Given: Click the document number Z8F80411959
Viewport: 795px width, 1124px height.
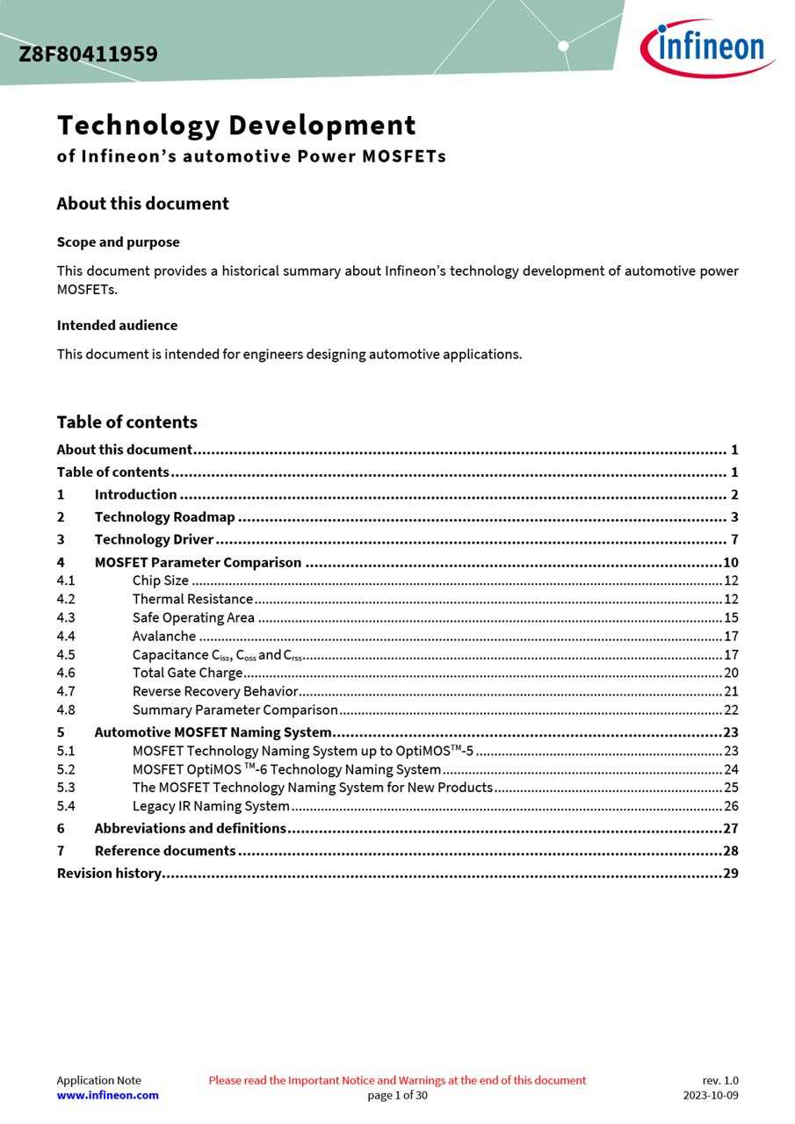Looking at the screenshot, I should coord(88,54).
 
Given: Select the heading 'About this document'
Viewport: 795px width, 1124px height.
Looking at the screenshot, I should coord(142,204).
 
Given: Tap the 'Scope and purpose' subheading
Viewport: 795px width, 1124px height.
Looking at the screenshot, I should coord(118,242).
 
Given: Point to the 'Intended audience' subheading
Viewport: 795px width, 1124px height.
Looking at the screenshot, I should coord(117,326).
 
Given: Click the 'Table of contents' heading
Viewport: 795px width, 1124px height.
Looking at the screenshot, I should coord(126,422).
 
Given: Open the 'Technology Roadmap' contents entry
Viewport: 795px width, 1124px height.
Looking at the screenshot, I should coord(164,517).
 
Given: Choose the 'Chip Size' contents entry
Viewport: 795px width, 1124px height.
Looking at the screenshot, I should coord(161,580).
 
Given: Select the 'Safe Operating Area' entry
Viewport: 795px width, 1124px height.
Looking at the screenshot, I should coord(193,617).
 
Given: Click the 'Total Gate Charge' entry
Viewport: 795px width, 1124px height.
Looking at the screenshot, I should coord(187,673).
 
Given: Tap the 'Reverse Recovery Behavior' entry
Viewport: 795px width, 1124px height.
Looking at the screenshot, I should coord(215,691).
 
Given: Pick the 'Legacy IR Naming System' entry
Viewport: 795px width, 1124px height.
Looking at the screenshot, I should coord(211,806).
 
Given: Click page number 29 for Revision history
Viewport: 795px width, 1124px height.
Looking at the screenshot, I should coord(731,873).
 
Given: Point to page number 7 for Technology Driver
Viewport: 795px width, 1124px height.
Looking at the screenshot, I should coord(734,540).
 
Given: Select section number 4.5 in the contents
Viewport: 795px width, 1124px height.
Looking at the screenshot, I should coord(66,654).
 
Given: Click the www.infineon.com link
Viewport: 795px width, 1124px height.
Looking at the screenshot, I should coord(108,1095).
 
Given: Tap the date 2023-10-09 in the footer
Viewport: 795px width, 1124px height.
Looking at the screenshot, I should coord(711,1095).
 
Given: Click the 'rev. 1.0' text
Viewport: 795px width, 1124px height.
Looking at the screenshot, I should coord(720,1080).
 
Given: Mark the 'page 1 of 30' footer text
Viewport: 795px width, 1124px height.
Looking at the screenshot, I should coord(397,1095).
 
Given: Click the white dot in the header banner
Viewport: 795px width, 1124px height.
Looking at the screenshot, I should coord(563,46).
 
